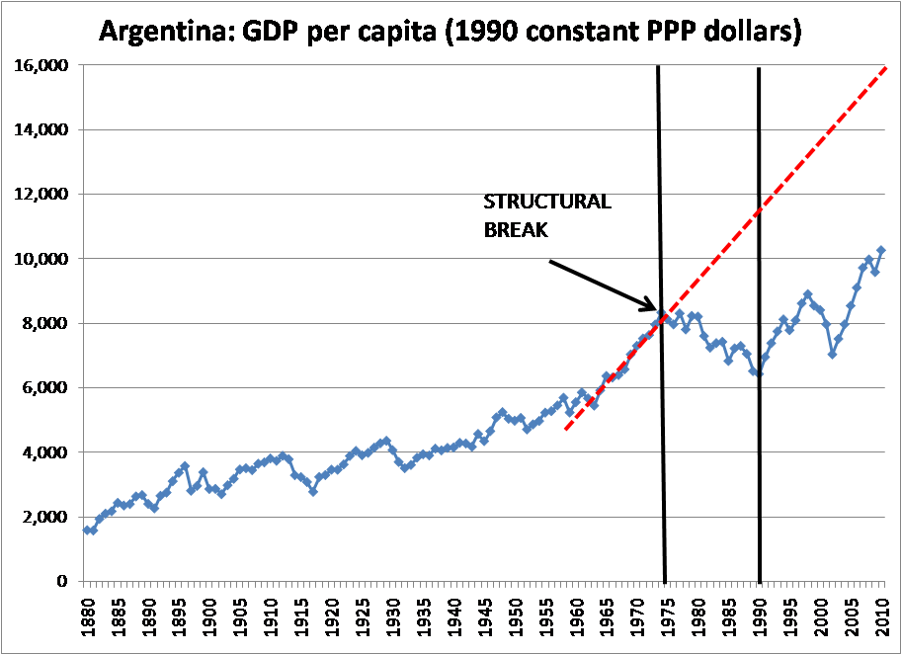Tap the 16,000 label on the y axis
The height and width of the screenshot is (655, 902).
coord(41,65)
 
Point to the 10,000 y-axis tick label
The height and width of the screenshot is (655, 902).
coord(41,259)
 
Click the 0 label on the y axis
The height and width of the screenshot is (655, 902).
coord(61,581)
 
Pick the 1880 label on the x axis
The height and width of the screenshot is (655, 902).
coord(87,618)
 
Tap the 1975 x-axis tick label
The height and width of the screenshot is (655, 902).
coord(670,618)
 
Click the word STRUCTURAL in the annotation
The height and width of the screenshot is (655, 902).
coord(547,203)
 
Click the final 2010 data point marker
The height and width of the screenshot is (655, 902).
coord(881,251)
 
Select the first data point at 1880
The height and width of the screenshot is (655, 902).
coord(87,530)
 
